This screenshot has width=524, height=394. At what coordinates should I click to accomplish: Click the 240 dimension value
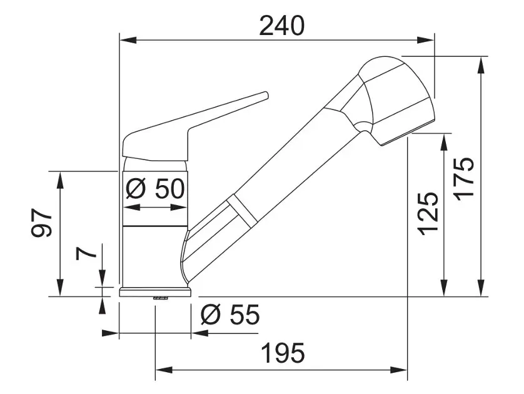[282, 26]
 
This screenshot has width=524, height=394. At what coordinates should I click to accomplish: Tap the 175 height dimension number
[465, 179]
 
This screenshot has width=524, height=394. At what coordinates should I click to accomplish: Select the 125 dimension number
[428, 214]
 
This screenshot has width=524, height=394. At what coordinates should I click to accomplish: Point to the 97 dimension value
[42, 223]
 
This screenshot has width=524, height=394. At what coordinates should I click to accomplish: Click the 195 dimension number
[283, 353]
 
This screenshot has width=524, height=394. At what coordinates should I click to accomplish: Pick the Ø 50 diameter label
[155, 188]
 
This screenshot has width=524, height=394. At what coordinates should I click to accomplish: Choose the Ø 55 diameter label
[230, 314]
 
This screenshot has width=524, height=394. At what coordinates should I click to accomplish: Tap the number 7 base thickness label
[86, 254]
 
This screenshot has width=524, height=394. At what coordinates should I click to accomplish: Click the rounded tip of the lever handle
[266, 95]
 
